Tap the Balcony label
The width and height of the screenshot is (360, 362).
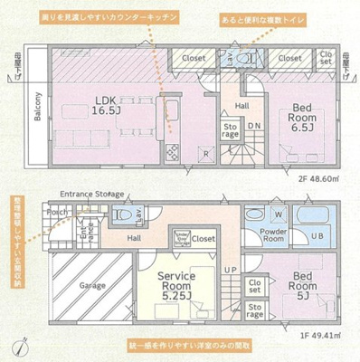pyautogui.click(x=37, y=109)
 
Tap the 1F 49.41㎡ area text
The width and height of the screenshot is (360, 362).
pyautogui.click(x=316, y=336)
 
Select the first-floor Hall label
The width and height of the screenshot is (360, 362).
pyautogui.click(x=133, y=238)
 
